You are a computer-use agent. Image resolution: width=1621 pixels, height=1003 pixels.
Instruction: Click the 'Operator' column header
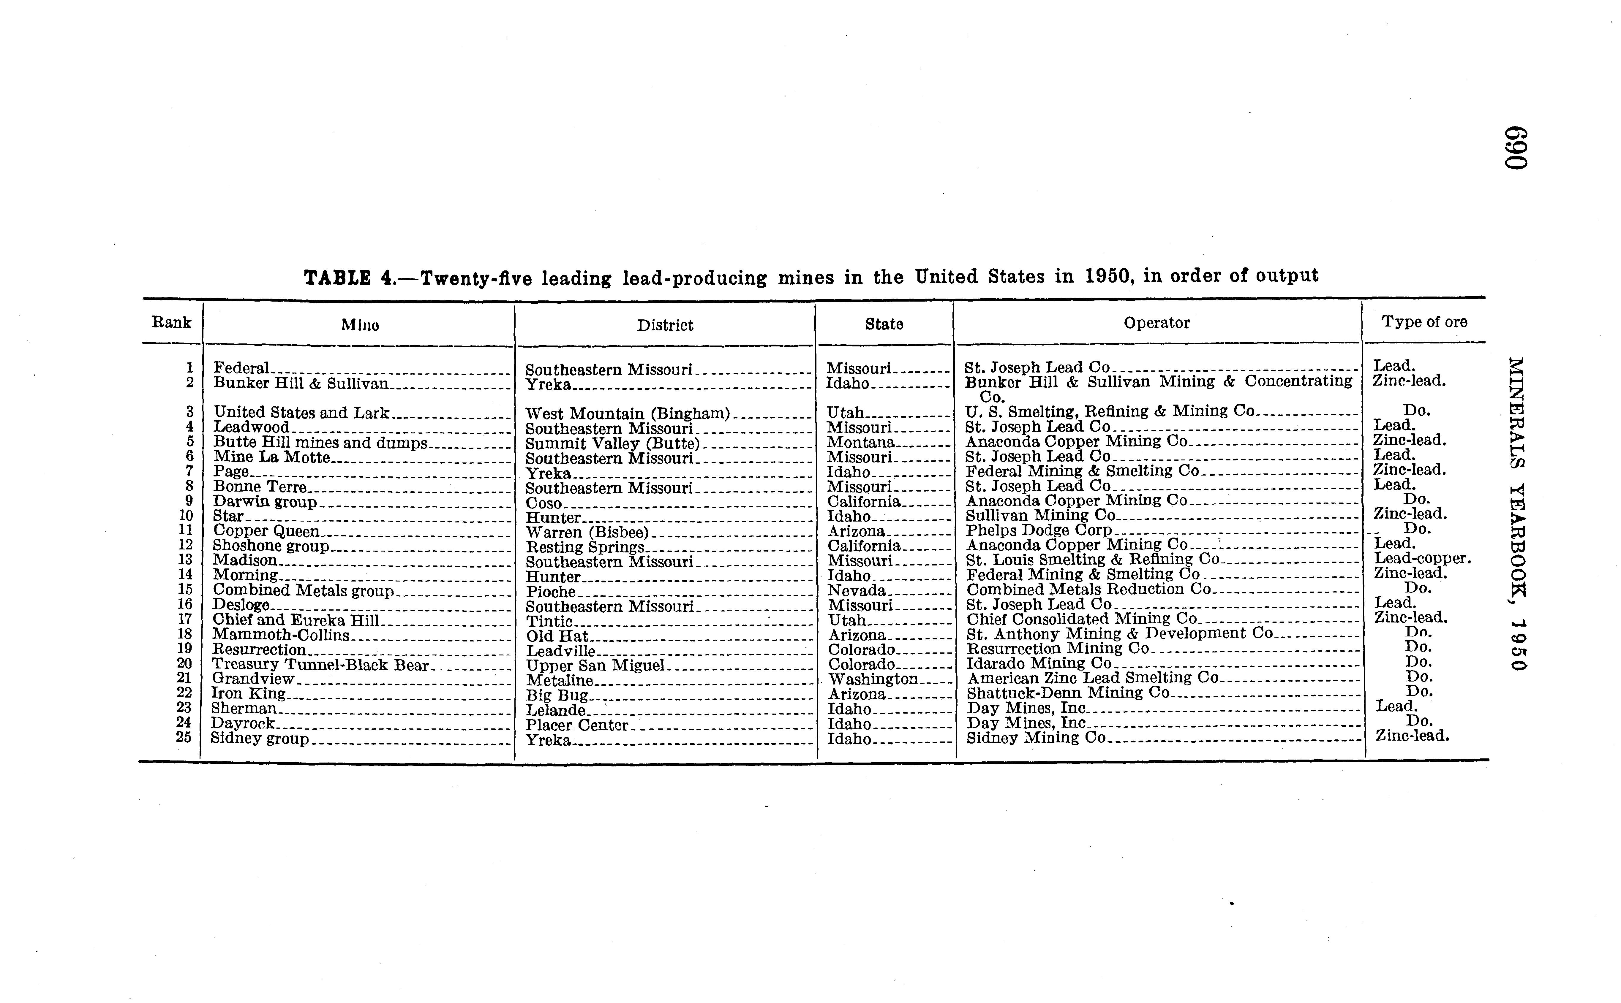point(1156,323)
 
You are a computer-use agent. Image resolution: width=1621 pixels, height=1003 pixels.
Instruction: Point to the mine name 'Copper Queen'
point(266,531)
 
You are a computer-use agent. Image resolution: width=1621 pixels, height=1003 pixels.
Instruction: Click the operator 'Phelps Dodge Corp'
point(1038,530)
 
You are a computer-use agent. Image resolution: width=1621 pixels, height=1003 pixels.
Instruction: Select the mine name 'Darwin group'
point(265,502)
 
